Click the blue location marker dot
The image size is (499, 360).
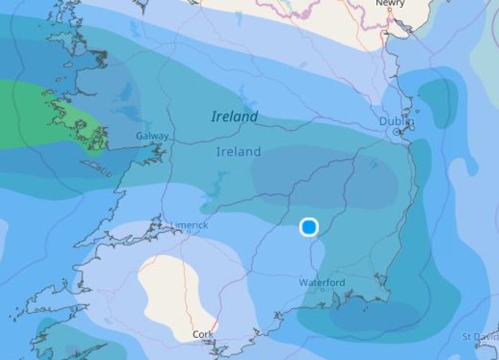pyautogui.click(x=309, y=227)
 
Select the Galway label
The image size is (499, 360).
pyautogui.click(x=152, y=136)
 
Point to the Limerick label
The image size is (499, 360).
pyautogui.click(x=189, y=225)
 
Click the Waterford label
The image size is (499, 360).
pyautogui.click(x=322, y=282)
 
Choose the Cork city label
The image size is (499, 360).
pyautogui.click(x=203, y=335)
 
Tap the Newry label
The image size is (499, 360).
pyautogui.click(x=390, y=4)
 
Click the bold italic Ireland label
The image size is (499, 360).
pyautogui.click(x=235, y=116)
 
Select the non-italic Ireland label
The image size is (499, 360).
pyautogui.click(x=238, y=152)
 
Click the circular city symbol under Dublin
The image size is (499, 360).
pyautogui.click(x=397, y=131)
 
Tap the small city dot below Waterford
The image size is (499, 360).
pyautogui.click(x=323, y=290)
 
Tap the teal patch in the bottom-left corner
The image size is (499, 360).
pyautogui.click(x=66, y=340)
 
